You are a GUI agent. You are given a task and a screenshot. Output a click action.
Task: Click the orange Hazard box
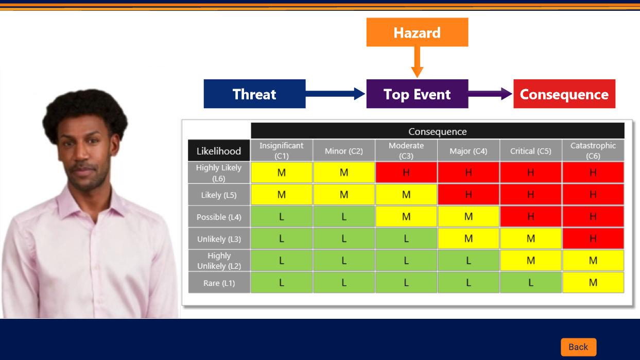click(417, 32)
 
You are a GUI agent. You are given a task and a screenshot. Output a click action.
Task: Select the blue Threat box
click(254, 94)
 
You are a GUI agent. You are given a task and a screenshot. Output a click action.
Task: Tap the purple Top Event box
click(417, 94)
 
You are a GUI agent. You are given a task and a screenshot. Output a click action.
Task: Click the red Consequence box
click(564, 94)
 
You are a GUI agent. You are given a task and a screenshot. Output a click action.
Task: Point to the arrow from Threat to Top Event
click(335, 94)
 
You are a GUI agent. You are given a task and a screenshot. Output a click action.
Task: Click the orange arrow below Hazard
click(417, 62)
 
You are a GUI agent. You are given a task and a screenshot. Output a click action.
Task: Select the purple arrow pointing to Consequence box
click(490, 94)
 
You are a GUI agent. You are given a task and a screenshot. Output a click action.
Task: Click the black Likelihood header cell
click(219, 150)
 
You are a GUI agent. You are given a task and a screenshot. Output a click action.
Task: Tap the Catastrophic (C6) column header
click(593, 150)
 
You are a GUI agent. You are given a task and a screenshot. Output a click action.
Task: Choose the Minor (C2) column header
click(344, 150)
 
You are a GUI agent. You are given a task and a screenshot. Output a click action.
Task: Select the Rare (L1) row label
click(219, 283)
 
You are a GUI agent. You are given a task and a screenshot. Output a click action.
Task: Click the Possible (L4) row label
click(219, 217)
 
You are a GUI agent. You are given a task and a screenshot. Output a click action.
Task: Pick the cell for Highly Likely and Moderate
click(406, 173)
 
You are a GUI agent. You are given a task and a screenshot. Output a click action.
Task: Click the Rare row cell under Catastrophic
click(593, 283)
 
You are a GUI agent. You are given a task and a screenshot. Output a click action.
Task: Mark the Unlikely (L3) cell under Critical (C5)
click(531, 238)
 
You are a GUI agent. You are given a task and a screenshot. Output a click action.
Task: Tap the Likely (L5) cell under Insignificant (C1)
click(282, 195)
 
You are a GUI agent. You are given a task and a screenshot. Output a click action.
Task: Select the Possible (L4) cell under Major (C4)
click(468, 217)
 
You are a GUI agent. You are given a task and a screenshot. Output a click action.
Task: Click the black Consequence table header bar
click(438, 131)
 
